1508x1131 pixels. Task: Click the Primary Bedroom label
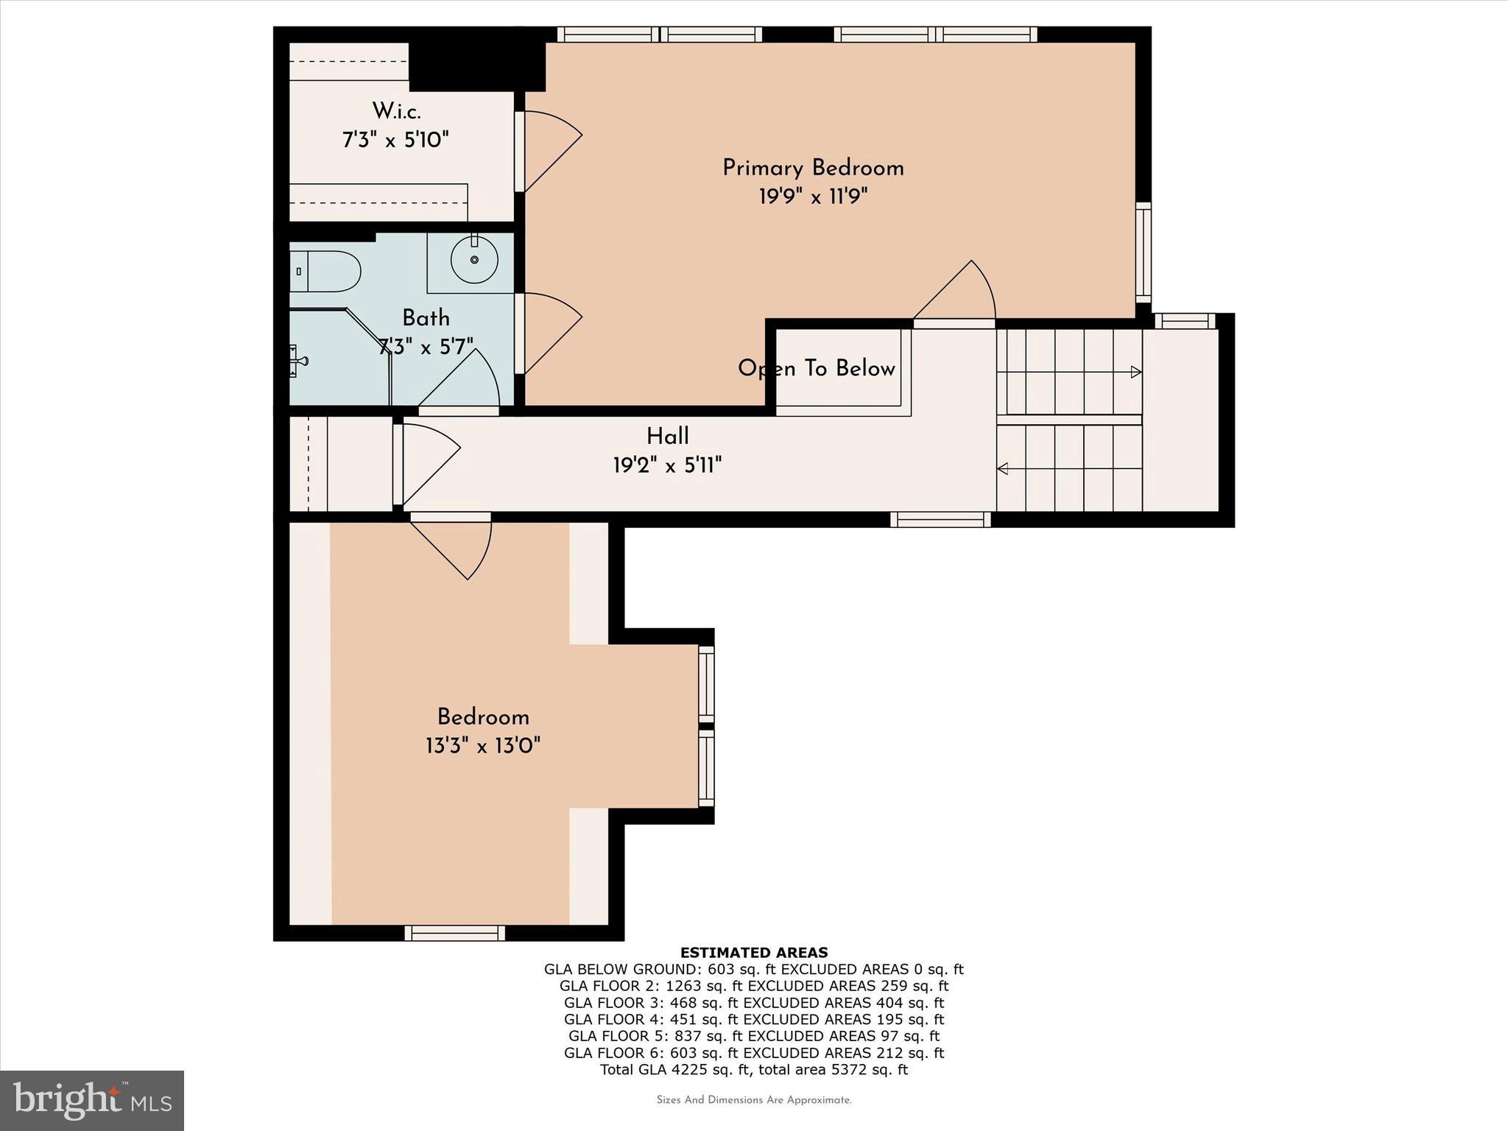coord(813,168)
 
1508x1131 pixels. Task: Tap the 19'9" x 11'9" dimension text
coord(813,197)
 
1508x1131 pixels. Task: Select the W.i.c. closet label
coord(396,111)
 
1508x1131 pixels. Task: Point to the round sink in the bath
coord(474,259)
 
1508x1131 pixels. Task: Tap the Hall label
coord(667,436)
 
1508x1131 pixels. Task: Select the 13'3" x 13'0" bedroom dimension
coord(483,746)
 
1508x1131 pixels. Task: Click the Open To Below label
coord(816,368)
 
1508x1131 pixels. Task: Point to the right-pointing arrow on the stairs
coord(1135,372)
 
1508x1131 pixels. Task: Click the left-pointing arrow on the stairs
coord(1003,468)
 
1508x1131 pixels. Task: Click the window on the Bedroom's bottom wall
coord(455,933)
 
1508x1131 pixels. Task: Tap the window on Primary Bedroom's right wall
coord(1143,252)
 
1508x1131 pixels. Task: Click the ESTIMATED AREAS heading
coord(753,952)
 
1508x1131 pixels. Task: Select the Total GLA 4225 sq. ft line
coord(753,1069)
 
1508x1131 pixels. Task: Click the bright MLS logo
coord(91,1100)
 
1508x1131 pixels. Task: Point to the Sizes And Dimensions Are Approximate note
coord(753,1100)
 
